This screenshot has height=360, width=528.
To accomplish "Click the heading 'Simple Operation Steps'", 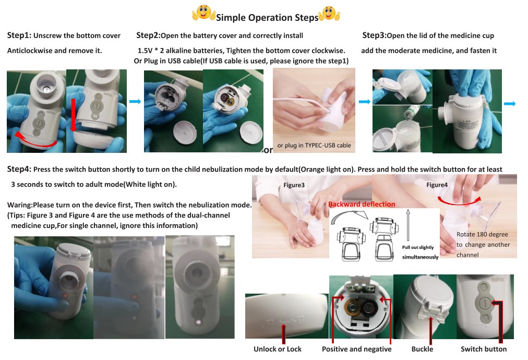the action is (x=267, y=18).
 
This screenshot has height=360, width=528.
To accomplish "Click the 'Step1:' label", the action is (x=19, y=35).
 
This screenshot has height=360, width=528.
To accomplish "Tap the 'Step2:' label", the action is (x=148, y=35).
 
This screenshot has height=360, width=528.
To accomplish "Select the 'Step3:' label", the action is (x=375, y=35).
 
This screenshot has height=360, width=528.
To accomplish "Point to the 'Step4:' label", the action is (x=19, y=169).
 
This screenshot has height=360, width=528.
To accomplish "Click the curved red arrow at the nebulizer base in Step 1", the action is (x=35, y=141).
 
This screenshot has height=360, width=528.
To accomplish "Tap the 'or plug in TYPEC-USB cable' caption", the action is (x=314, y=146).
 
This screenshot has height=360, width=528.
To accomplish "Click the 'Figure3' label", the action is (x=294, y=185).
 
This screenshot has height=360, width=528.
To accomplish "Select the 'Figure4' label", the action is (x=437, y=185).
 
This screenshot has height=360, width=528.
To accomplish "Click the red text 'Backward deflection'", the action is (x=362, y=204).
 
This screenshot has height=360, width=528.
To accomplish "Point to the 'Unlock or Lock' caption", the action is (x=278, y=349).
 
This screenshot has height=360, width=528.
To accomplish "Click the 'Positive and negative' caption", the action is (x=356, y=349).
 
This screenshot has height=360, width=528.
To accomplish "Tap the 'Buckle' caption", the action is (x=422, y=349).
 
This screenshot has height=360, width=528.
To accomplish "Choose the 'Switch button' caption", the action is (x=484, y=349).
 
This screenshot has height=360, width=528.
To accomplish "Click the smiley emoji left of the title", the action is (x=203, y=13).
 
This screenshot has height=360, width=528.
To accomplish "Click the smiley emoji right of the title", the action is (x=329, y=14).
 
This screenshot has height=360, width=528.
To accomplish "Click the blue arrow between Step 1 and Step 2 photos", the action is (x=135, y=102).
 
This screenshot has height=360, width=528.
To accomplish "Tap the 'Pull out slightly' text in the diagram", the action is (x=418, y=247).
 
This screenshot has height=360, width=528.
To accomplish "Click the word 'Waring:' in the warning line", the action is (x=20, y=205).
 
